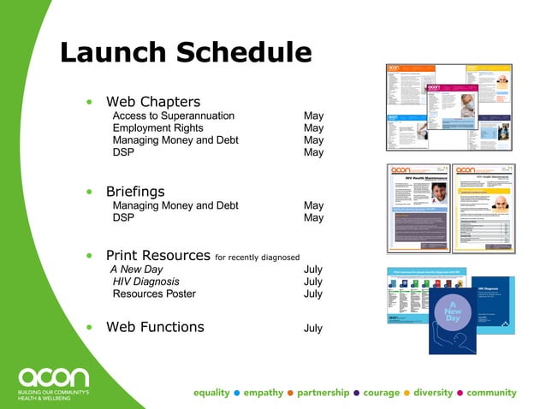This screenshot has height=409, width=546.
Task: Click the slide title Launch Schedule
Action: coord(186,53)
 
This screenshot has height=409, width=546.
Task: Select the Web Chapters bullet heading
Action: coord(152,102)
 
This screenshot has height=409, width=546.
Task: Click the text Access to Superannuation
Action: coord(174,116)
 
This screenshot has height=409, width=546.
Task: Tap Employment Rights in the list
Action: coord(157,128)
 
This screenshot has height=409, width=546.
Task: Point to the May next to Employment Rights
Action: coord(313,128)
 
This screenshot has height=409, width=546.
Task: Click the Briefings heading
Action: coord(134,191)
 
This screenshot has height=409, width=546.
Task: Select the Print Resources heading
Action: coord(157,255)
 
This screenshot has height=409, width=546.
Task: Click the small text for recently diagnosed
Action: coord(258,257)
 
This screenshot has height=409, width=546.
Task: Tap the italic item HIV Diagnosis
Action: coord(146,282)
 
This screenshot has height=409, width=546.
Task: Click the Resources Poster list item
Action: coord(154,293)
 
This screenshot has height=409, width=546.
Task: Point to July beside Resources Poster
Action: coord(313,293)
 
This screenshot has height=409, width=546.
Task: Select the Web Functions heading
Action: coord(155,327)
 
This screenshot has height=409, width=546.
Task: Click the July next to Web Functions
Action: coord(313,328)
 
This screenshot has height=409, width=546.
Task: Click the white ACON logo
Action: coord(53,376)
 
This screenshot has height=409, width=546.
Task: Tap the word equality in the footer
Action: coord(211,393)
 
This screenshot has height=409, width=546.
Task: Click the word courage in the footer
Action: coord(381,393)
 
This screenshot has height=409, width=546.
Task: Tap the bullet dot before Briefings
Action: coord(89,192)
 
